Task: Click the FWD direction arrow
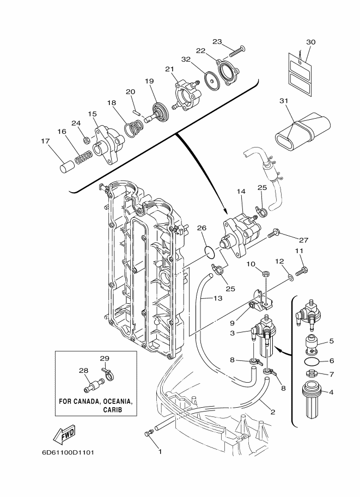click(x=64, y=433)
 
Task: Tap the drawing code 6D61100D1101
click(x=68, y=452)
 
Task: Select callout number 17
click(x=46, y=141)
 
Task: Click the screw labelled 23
click(x=239, y=51)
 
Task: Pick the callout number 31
click(x=284, y=101)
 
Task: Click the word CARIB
click(x=112, y=409)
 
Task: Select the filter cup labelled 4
click(x=314, y=400)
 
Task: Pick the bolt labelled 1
click(x=148, y=433)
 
